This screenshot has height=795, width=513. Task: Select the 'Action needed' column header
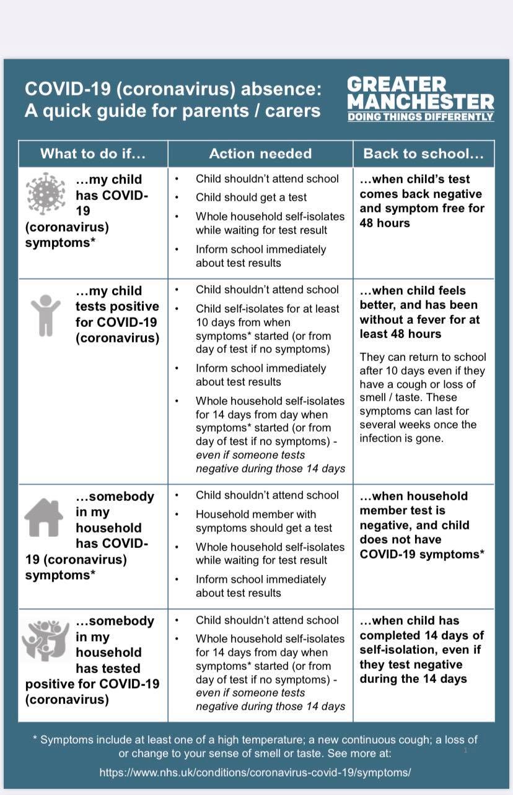point(260,154)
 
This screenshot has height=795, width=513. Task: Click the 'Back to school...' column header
point(423,154)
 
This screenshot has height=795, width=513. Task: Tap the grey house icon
point(43,517)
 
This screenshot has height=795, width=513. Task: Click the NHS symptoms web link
point(255,773)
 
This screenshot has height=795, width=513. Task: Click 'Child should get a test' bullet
point(251,198)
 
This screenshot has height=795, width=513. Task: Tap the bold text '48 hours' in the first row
point(385,223)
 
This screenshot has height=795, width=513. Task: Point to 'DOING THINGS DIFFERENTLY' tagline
point(421,116)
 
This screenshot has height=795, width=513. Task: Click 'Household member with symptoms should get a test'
point(263,521)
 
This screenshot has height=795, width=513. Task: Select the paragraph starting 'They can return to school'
point(423,397)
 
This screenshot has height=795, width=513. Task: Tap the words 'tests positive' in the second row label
point(117,306)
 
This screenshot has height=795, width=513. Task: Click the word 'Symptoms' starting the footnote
point(66,740)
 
